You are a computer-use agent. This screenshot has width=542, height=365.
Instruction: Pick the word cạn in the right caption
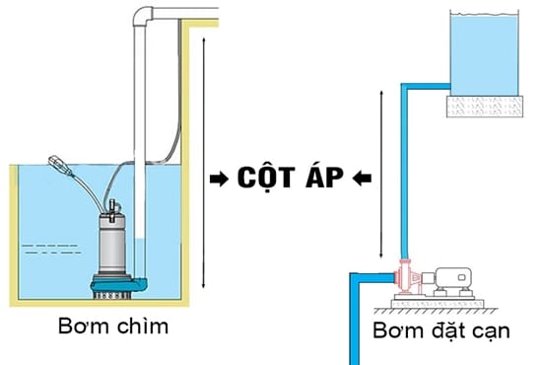490,330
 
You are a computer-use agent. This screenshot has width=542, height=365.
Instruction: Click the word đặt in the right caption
446,330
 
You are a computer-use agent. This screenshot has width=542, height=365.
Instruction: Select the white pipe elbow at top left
147,17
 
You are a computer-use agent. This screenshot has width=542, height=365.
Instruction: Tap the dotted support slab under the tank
484,104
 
